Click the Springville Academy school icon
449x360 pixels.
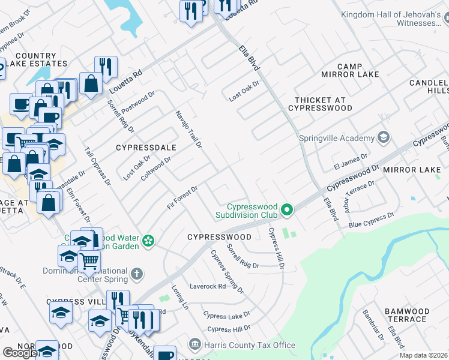382,138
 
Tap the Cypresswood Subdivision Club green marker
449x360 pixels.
287,209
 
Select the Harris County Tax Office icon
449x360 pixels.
194,344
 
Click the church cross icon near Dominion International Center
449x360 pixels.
137,274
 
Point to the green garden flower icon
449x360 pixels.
148,241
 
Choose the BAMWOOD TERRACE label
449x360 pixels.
406,316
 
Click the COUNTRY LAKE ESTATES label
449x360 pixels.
37,59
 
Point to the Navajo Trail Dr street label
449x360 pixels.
188,129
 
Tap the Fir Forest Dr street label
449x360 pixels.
182,199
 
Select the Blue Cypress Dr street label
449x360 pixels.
370,220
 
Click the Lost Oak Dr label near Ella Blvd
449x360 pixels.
244,91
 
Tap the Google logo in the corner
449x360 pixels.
20,352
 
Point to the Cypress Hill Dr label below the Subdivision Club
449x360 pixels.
276,248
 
